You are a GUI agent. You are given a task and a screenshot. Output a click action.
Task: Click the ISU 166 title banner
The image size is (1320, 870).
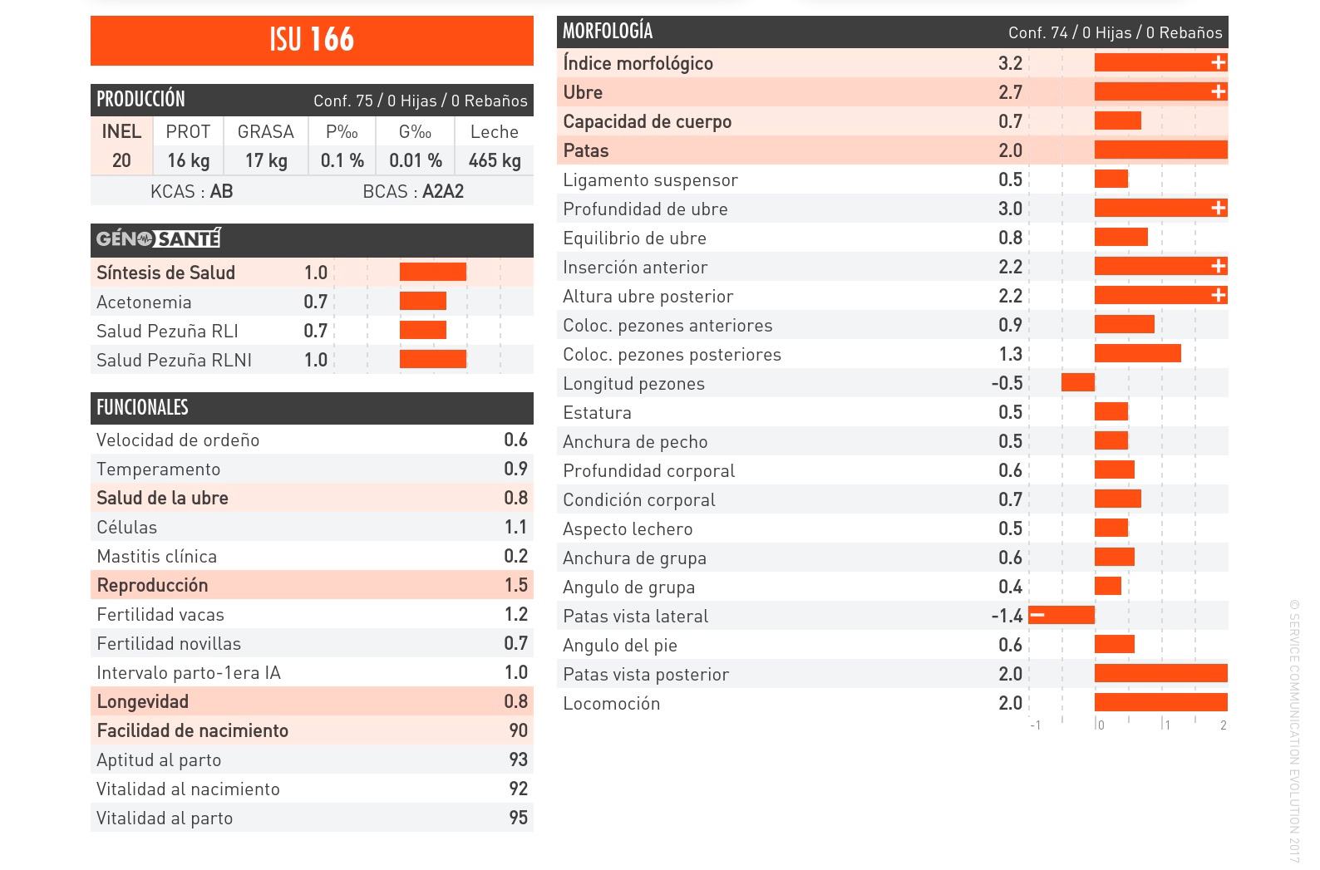(312, 40)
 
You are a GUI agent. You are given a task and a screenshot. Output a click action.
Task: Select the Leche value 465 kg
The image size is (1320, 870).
(495, 160)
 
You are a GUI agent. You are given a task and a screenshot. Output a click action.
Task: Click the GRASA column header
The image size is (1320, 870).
(266, 131)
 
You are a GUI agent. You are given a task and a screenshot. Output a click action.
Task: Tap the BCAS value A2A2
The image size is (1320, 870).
(443, 191)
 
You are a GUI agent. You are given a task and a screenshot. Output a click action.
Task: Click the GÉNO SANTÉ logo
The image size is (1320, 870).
(158, 239)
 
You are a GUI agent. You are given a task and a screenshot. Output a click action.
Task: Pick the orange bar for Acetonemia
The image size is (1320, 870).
(422, 301)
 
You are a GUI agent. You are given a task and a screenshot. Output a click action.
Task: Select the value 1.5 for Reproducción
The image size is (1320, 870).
(515, 585)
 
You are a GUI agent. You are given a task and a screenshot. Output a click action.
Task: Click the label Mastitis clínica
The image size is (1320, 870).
(156, 556)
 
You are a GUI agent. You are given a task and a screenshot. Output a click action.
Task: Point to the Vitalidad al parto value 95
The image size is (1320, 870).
(518, 818)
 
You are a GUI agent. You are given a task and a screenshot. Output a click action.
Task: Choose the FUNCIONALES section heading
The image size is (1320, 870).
(142, 407)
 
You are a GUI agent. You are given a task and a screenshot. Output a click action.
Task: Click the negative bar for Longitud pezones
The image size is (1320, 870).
(1077, 382)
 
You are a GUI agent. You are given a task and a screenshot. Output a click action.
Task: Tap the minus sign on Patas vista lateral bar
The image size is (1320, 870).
(1037, 615)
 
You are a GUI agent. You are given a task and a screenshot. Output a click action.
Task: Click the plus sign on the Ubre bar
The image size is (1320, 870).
(1218, 91)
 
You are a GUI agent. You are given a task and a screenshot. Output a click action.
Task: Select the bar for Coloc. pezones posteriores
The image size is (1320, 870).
(1137, 353)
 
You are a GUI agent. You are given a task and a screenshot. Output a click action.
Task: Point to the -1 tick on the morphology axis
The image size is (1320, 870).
(1035, 725)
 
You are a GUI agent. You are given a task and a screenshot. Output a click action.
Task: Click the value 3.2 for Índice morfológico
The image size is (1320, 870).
(1010, 63)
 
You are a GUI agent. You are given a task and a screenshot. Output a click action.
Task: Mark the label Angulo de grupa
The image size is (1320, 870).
(628, 587)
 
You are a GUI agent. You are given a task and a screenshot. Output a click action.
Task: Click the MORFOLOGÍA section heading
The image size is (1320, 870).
(608, 32)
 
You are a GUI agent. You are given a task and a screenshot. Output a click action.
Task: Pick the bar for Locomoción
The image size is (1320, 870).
(1160, 702)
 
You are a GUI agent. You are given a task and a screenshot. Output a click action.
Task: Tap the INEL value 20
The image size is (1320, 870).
(121, 160)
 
